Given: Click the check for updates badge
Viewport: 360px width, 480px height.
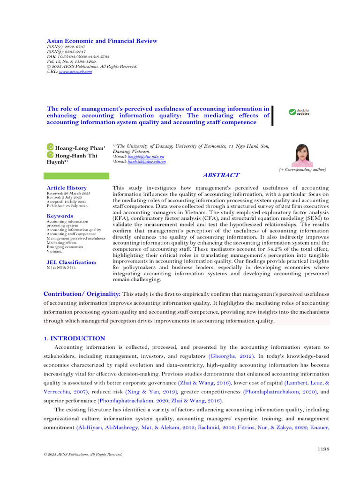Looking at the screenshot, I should [299, 112].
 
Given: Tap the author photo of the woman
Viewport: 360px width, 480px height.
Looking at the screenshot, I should [302, 155].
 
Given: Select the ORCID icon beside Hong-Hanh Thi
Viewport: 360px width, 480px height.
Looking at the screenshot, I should [50, 155].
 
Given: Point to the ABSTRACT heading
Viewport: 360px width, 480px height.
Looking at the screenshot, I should [221, 175].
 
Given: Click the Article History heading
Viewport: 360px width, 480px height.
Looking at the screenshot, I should [67, 188].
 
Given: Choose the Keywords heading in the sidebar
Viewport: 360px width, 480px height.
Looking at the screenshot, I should [60, 216].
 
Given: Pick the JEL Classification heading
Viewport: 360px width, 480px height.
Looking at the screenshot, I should [72, 262].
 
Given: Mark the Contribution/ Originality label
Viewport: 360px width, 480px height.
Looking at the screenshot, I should [82, 293].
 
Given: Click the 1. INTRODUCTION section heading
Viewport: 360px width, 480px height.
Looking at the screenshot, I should [75, 338].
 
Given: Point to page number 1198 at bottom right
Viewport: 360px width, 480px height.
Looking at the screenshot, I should [323, 449].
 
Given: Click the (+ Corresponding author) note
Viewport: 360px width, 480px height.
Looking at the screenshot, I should [302, 169].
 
